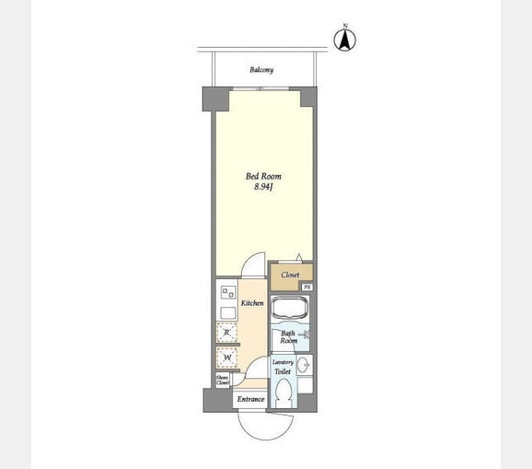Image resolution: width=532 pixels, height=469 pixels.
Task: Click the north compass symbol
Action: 345,40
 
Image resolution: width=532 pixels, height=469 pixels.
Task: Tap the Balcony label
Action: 261,70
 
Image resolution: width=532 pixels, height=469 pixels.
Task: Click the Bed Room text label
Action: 264,176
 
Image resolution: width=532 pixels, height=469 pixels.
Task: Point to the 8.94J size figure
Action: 264,187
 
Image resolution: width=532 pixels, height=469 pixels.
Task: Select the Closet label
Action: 290,275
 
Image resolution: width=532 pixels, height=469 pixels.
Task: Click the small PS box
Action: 307,287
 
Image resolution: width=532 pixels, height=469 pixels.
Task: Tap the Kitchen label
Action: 252,303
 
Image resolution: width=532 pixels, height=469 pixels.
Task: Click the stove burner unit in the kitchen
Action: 228,292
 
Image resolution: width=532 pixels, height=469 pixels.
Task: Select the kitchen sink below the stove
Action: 228,313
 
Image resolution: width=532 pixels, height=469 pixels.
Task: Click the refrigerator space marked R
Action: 227,333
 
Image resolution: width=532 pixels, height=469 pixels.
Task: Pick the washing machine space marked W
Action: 227,357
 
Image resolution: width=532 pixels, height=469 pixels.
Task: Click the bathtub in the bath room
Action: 290,308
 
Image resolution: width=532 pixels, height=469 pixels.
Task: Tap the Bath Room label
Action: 289,337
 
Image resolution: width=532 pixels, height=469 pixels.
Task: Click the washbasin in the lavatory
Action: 304,365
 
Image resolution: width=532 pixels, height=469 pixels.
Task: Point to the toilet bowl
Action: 283,393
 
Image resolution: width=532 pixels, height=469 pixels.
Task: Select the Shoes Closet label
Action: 222,380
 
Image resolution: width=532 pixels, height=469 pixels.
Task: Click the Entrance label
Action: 250,399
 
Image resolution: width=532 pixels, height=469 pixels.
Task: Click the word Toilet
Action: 282,372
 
